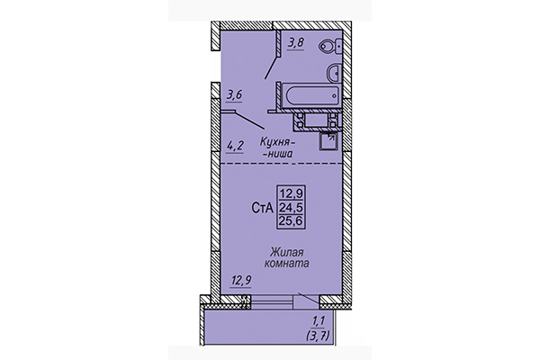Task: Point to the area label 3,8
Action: coord(295,40)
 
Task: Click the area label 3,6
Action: coord(236,93)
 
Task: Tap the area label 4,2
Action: coord(236,142)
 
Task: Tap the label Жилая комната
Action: coord(288,259)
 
